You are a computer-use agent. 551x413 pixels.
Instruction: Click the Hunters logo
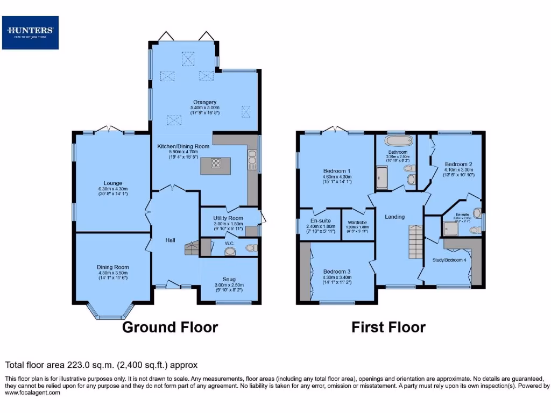[x=30, y=32]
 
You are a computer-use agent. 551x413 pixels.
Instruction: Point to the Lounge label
[x=113, y=183]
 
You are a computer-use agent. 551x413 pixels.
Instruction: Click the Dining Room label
[x=113, y=267]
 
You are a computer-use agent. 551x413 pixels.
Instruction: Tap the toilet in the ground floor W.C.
[x=250, y=248]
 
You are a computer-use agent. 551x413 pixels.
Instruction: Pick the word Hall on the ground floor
[x=170, y=240]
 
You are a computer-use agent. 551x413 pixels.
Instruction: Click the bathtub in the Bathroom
[x=398, y=141]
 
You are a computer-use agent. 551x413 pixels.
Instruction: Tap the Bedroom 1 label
[x=337, y=170]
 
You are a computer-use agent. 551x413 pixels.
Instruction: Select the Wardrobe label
[x=358, y=222]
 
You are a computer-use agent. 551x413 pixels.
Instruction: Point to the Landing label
[x=394, y=217]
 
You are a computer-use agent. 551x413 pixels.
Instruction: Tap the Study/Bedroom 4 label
[x=449, y=260]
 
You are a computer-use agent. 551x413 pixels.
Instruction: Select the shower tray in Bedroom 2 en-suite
[x=451, y=230]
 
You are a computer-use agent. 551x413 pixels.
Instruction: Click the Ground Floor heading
[x=170, y=327]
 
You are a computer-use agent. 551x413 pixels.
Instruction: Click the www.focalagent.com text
[x=32, y=393]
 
